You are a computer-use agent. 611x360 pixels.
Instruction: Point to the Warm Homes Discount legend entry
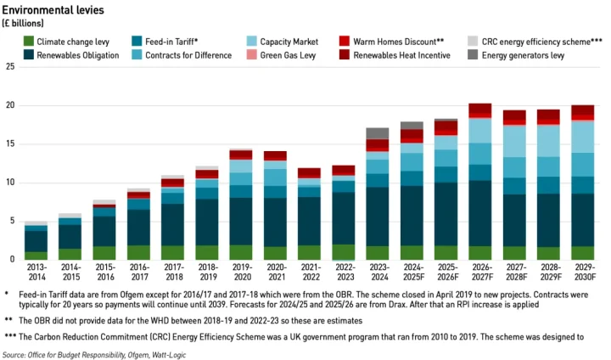tap(397, 41)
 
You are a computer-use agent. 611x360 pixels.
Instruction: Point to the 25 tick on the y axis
tap(10, 67)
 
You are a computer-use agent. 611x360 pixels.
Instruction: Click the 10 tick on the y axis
tap(10, 183)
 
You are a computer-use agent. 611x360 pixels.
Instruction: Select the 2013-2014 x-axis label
tap(36, 272)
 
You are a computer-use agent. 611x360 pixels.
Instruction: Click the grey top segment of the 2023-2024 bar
tap(377, 133)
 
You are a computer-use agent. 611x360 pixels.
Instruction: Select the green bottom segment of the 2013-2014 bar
tap(36, 255)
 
